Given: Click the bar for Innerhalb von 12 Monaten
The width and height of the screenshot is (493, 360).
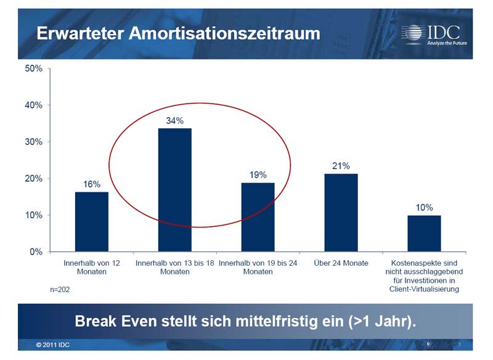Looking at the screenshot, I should [92, 222].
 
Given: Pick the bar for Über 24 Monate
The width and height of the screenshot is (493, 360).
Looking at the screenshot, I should [341, 213].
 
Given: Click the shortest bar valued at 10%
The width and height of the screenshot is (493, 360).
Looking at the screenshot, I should [424, 234].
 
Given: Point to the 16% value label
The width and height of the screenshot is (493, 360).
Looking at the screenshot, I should [92, 184].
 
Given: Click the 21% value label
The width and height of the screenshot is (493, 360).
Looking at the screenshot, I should [341, 166].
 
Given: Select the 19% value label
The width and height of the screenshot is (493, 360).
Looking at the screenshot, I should [258, 175].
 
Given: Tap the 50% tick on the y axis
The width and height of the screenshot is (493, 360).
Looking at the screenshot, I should [33, 68].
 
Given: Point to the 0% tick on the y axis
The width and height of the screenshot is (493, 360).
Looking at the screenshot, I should [35, 252].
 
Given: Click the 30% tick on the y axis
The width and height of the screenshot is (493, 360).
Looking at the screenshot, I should [33, 142].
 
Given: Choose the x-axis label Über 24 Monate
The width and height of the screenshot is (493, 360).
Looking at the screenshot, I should [341, 263].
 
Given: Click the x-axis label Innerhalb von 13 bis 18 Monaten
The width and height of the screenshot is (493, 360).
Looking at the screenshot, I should [175, 268].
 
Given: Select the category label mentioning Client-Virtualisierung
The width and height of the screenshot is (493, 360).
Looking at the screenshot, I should [424, 276].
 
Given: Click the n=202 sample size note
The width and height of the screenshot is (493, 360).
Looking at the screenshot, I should [60, 288].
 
